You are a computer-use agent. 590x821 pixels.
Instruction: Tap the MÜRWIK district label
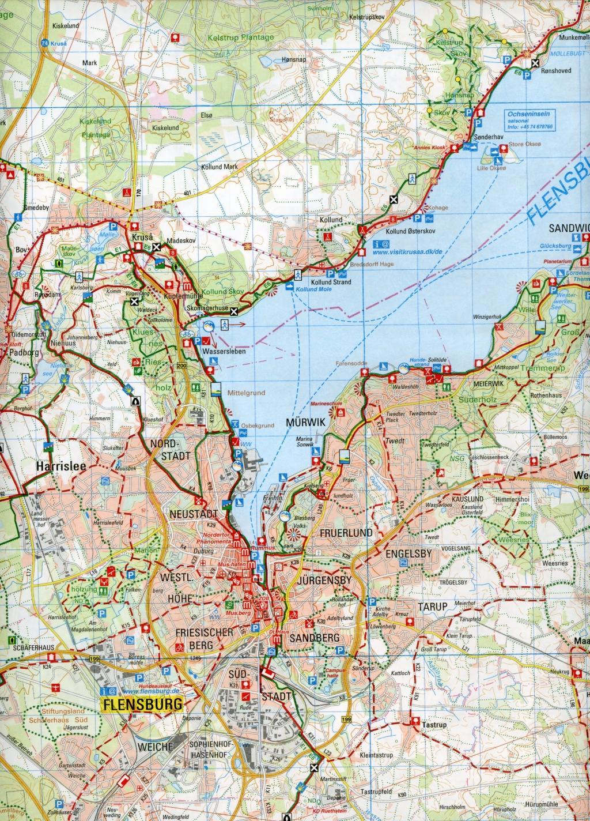(307, 423)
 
